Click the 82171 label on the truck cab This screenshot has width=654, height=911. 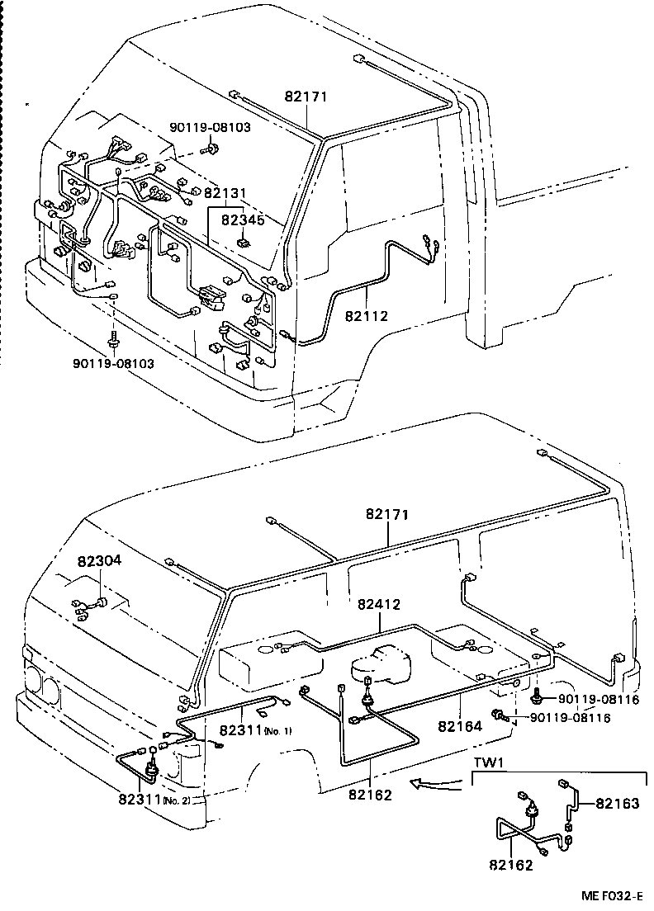tap(307, 97)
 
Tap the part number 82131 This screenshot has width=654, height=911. tap(225, 193)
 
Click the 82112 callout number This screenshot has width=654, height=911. tap(366, 316)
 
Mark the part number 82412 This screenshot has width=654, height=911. tap(379, 604)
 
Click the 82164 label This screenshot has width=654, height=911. tap(459, 727)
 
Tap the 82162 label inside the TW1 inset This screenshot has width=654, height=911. tap(510, 866)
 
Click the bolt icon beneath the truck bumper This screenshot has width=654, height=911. tap(113, 339)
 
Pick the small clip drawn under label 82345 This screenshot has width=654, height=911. tap(244, 243)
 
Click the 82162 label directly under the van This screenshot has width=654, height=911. tap(370, 795)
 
